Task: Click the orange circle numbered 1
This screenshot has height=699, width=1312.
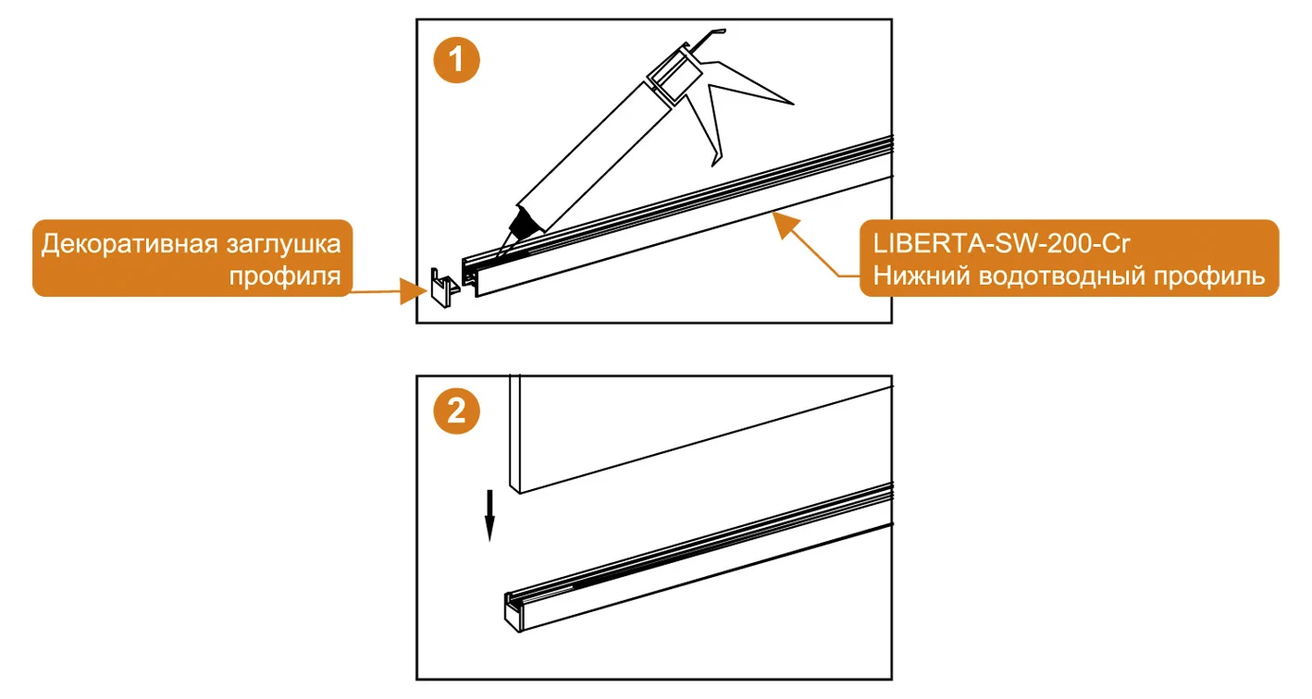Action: pos(457,61)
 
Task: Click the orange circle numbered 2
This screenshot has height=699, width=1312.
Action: pos(457,411)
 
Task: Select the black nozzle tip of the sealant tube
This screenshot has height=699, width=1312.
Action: pos(524,223)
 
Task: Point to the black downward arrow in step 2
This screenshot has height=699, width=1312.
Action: pos(490,515)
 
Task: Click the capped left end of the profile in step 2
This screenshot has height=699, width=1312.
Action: pos(512,612)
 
